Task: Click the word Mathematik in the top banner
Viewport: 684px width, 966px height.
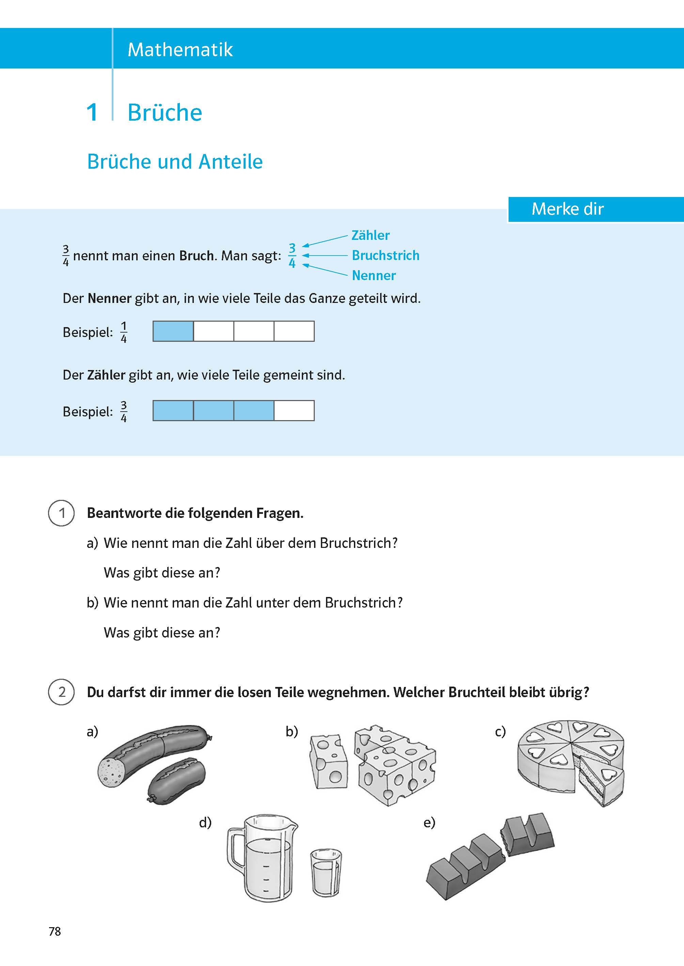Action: click(180, 50)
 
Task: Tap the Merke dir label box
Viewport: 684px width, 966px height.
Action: click(568, 209)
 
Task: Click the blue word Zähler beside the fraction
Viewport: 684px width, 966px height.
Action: click(370, 235)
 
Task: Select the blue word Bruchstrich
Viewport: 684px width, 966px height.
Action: click(385, 255)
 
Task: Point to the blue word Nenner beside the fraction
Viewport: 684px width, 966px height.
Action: click(374, 276)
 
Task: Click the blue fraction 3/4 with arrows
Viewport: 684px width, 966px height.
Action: click(292, 255)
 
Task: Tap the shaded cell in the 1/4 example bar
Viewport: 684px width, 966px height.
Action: click(173, 331)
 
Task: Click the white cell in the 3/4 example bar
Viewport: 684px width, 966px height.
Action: click(294, 411)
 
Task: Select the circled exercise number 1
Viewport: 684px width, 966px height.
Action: click(62, 513)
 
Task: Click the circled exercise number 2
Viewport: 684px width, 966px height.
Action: click(62, 692)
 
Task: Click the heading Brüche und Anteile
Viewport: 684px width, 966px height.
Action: click(175, 162)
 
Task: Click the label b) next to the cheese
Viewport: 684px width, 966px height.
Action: click(292, 731)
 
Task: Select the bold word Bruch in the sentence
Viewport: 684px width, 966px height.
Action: click(196, 256)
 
